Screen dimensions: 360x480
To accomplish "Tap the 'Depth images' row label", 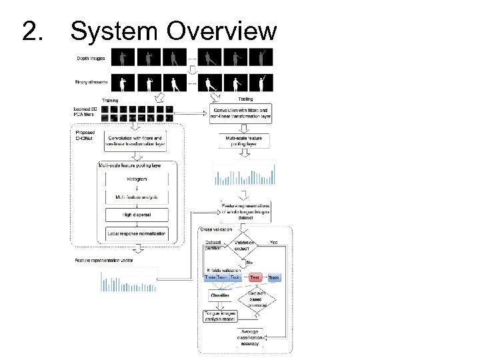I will coord(89,58).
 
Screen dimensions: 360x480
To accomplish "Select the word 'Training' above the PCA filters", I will coord(110,100).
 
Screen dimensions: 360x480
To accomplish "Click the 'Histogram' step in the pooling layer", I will coord(136,180).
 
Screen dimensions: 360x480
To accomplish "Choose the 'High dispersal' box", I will coord(136,215).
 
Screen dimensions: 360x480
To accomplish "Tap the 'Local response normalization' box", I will coord(137,233).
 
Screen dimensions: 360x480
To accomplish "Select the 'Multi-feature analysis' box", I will coord(136,197).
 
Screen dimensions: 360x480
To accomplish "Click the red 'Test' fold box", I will coord(255,276).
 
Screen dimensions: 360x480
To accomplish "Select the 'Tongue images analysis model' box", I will coord(220,315).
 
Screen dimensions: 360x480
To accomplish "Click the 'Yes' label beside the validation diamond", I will coord(273,242).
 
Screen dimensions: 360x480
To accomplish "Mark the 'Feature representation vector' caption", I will coord(104,260).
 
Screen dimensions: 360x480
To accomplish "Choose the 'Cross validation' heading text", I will coord(216,229).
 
